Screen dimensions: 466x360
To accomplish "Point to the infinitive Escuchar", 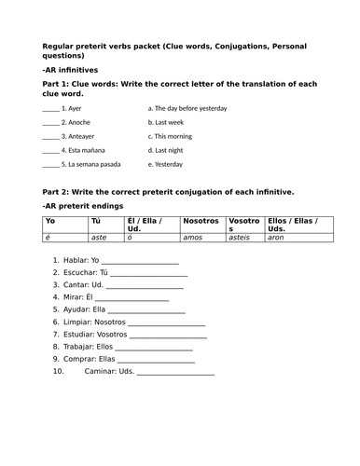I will [77, 274].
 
